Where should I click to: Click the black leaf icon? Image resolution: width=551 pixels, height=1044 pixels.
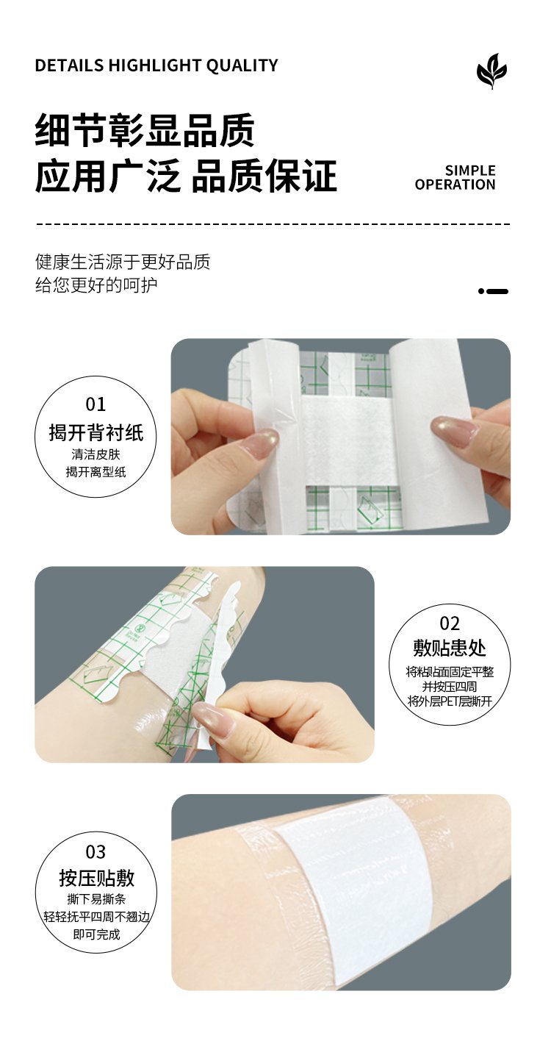coord(491,71)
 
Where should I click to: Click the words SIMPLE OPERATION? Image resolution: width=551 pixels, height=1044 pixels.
coord(455,178)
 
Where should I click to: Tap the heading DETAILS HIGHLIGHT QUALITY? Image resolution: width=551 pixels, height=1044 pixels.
coord(156,65)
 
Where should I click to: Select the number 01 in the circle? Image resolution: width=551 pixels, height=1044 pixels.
coord(96,404)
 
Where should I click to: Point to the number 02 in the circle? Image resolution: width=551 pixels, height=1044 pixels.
coord(450,623)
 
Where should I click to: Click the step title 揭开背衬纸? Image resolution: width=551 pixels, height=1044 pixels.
coord(96,432)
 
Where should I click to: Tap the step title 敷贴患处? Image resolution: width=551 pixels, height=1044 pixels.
coord(450,648)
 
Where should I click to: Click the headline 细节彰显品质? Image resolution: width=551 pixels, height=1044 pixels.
coord(145,130)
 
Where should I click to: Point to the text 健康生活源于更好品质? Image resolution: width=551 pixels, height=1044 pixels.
coord(123,262)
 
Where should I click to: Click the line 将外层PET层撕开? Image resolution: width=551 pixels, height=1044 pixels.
coord(450,701)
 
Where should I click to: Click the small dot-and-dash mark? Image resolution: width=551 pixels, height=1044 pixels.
coord(493,291)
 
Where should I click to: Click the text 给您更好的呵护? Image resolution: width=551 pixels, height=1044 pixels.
coord(96,285)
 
